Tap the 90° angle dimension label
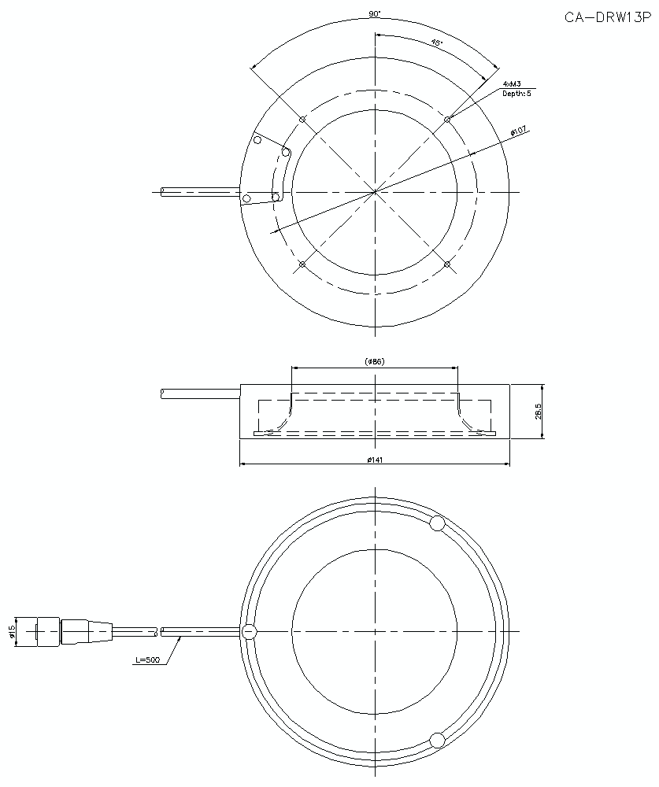(375, 14)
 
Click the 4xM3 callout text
(512, 83)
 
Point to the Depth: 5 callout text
(517, 94)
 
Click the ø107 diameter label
(518, 131)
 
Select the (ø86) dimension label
(375, 361)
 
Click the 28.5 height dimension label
(539, 412)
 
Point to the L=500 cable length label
(147, 661)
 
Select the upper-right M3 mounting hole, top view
(447, 120)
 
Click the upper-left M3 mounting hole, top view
(302, 120)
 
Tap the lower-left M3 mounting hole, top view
(302, 264)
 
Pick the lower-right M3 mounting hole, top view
(447, 264)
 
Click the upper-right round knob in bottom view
(438, 523)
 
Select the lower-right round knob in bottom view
(438, 740)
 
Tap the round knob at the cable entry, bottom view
(250, 631)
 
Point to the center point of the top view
(376, 192)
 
